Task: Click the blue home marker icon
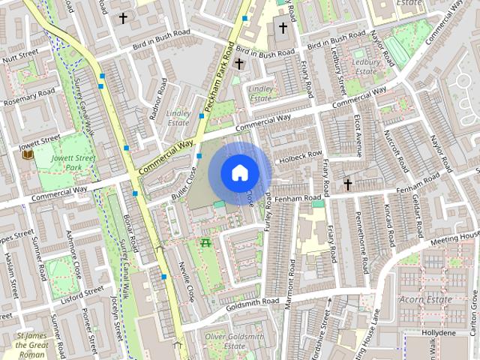(x=239, y=172)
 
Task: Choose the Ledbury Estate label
(x=365, y=66)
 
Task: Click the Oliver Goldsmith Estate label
(x=226, y=341)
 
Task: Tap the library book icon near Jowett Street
(x=28, y=154)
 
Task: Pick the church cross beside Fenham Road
(x=347, y=183)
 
